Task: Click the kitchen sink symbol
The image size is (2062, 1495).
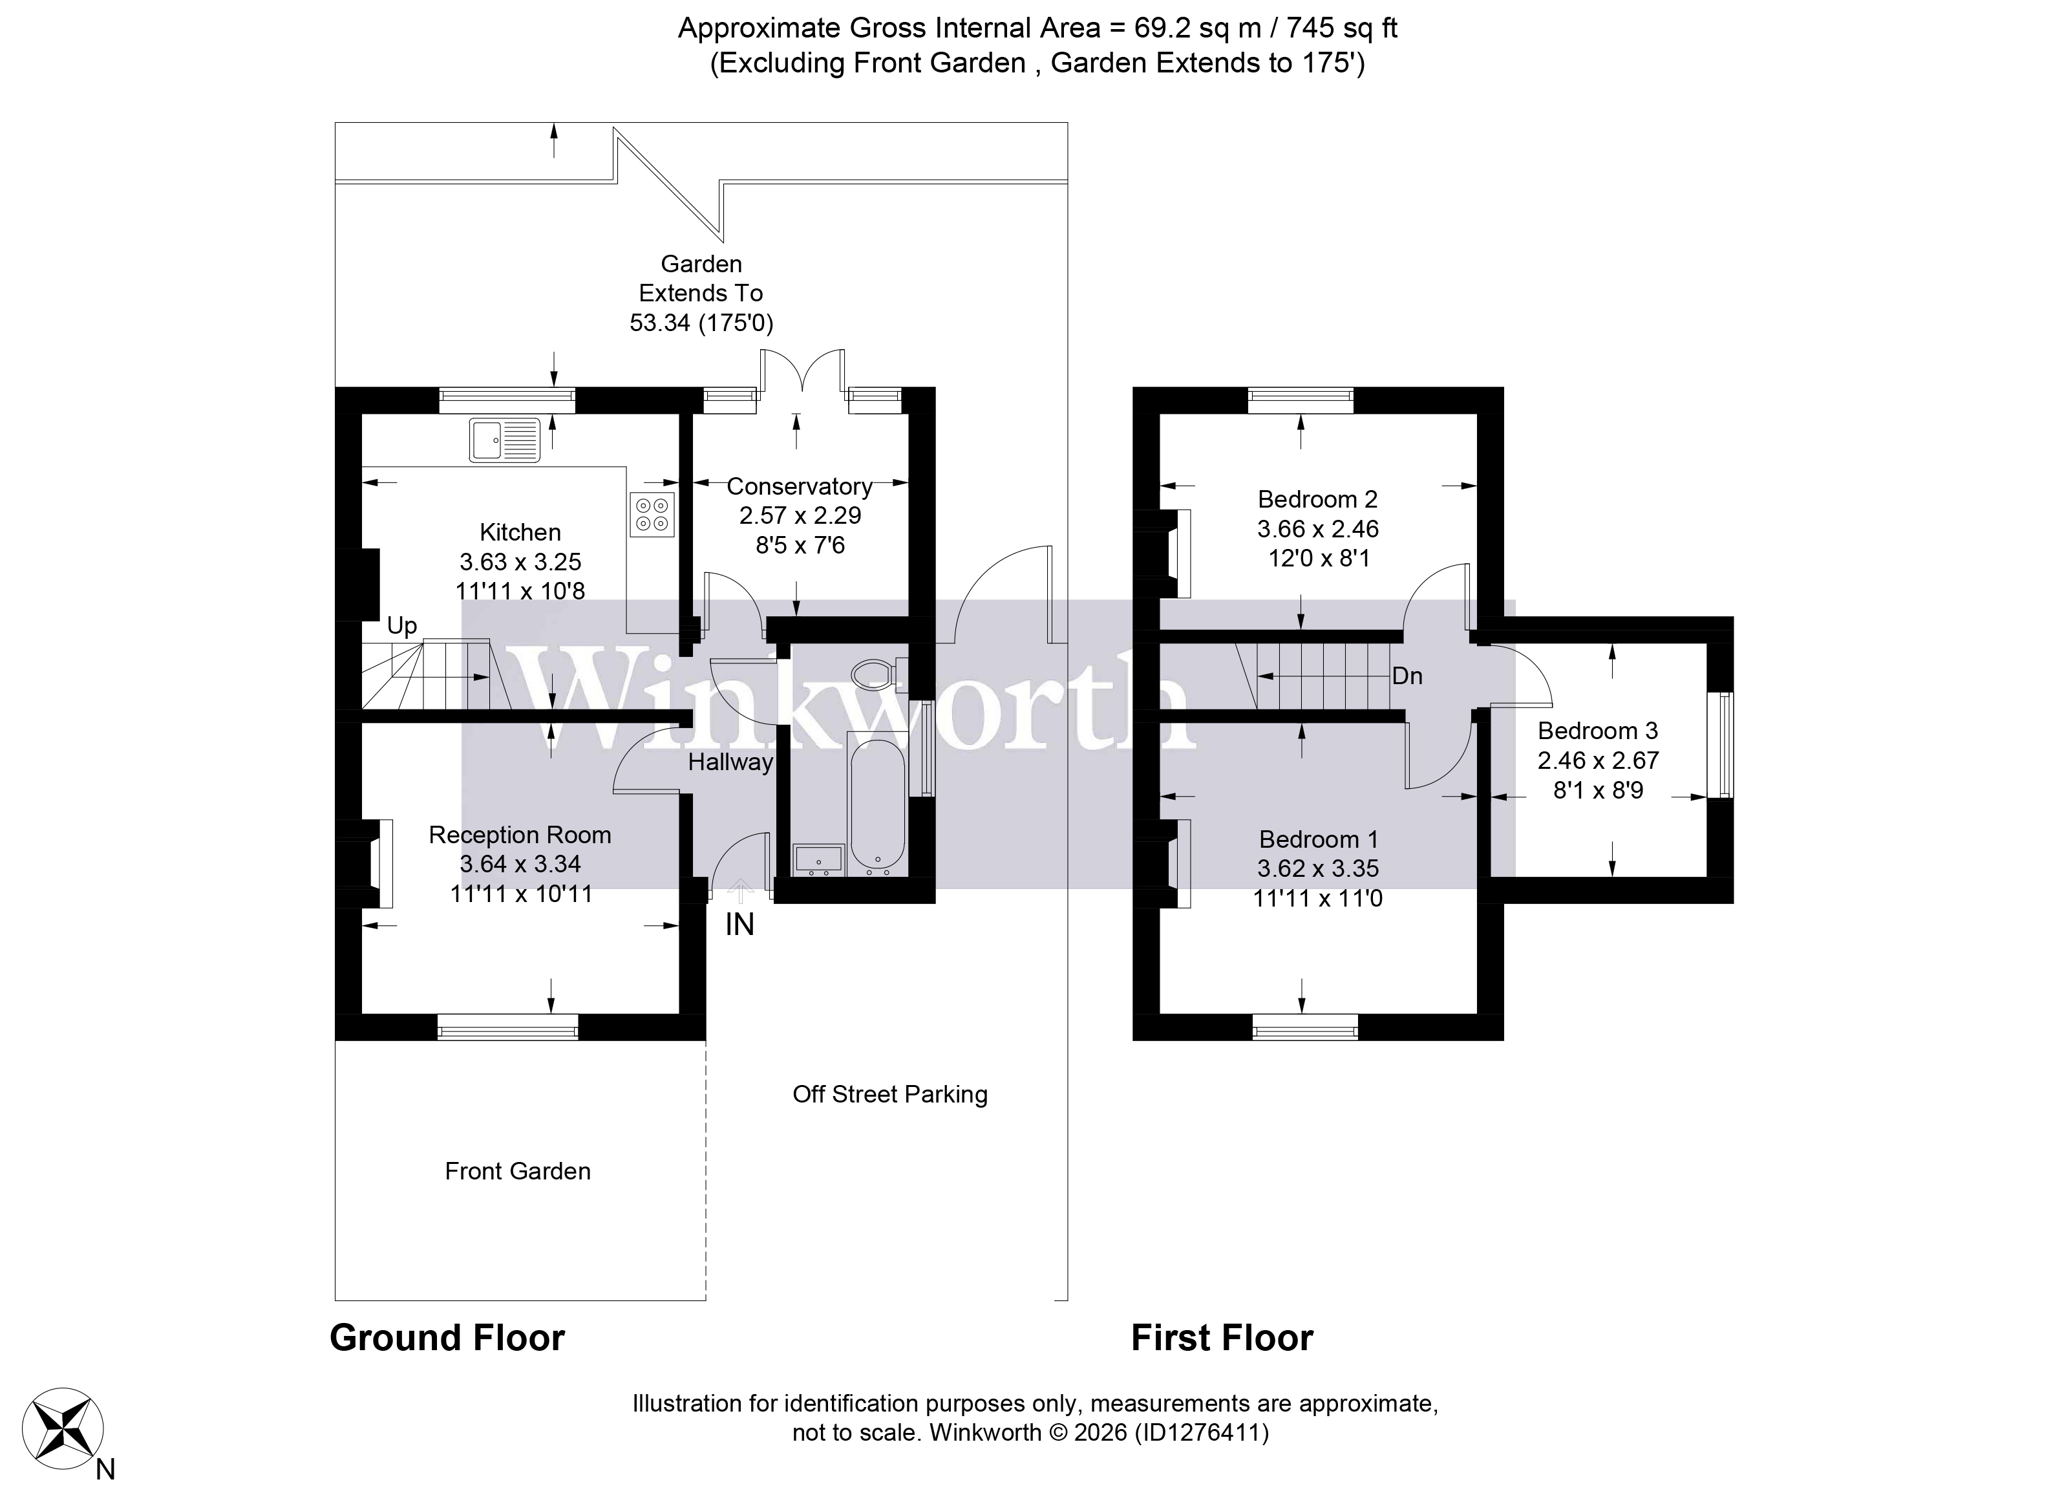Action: coord(505,440)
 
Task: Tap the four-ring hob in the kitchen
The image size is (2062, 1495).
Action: coord(652,515)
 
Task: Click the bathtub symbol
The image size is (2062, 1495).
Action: coord(877,806)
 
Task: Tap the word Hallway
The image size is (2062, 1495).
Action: coord(730,762)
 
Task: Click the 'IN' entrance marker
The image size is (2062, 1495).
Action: coord(739,925)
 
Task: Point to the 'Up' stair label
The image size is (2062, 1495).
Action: coord(402,626)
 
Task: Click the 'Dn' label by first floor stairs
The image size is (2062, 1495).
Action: coord(1407,676)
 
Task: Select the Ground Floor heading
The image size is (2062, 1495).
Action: coord(447,1339)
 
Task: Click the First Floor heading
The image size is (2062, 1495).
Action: coord(1222,1339)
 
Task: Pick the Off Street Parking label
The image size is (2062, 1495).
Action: coord(889,1095)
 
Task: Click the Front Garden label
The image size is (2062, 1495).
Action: coord(517,1171)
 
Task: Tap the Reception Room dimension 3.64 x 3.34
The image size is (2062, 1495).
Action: coord(520,864)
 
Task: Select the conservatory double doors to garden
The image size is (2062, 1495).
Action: coord(803,374)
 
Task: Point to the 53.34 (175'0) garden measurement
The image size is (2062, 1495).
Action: coord(701,323)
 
